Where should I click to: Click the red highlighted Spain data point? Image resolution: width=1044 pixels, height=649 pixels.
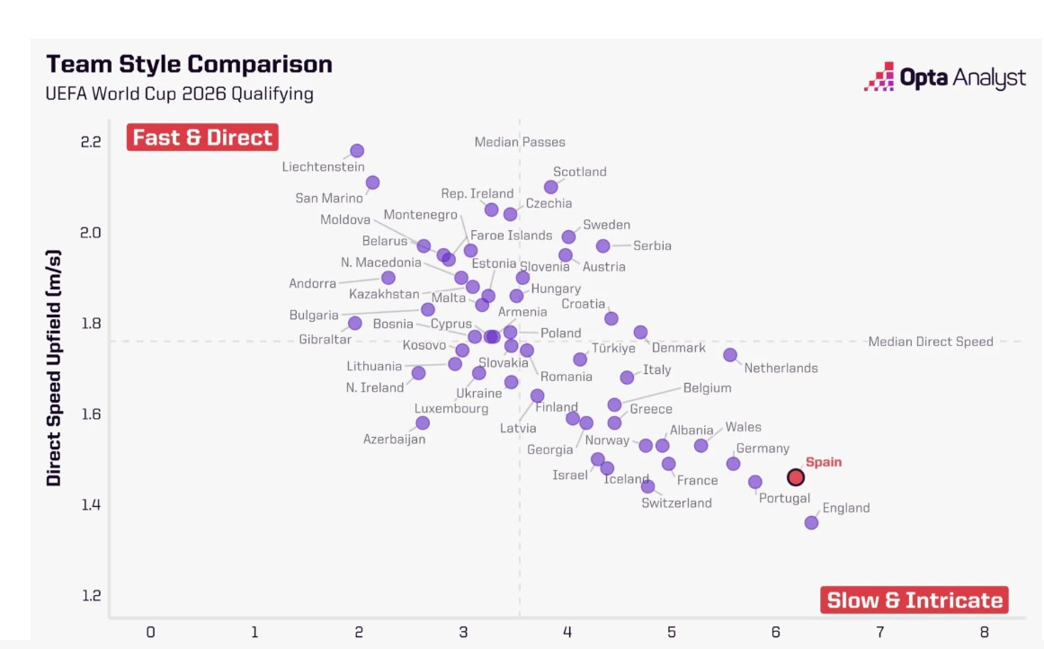(x=796, y=476)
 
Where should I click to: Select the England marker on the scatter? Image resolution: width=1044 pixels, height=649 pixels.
(x=811, y=522)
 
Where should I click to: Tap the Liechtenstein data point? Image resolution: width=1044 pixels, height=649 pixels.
(x=357, y=151)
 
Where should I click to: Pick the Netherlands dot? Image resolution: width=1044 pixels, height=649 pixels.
(x=730, y=355)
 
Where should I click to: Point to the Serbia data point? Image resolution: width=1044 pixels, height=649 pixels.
(x=603, y=245)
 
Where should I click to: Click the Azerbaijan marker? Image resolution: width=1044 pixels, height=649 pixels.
(x=423, y=422)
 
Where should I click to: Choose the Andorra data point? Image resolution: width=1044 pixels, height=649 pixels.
(x=388, y=278)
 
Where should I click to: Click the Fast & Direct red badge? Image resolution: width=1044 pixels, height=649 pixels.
(x=203, y=138)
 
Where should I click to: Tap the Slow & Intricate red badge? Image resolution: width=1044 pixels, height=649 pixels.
(x=915, y=600)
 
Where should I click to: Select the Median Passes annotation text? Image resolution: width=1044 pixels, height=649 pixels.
(x=520, y=142)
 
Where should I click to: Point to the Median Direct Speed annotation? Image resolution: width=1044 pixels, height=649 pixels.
(x=931, y=342)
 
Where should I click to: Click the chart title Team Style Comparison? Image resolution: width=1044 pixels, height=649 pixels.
(x=189, y=64)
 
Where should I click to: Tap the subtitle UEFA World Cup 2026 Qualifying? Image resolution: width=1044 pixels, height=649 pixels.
(x=180, y=93)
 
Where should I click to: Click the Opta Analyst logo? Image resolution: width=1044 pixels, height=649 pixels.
(x=944, y=77)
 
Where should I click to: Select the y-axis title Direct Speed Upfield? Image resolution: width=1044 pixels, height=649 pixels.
(x=55, y=369)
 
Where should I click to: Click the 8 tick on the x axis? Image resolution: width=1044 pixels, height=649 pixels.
(x=985, y=632)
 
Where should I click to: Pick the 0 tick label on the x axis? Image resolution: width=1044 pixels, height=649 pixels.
(x=151, y=632)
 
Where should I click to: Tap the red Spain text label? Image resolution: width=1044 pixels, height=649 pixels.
(x=824, y=462)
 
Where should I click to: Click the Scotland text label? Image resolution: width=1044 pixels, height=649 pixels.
(x=580, y=172)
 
